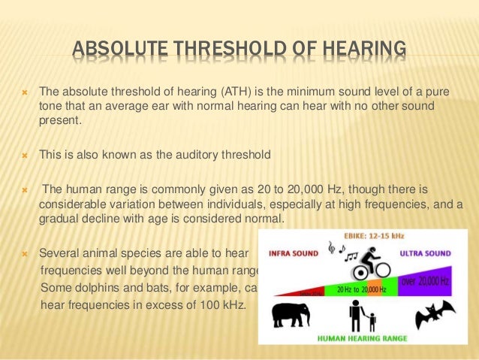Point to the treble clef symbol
pos(331,248)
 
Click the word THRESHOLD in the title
pos(230,52)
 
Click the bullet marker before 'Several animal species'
pos(24,254)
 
